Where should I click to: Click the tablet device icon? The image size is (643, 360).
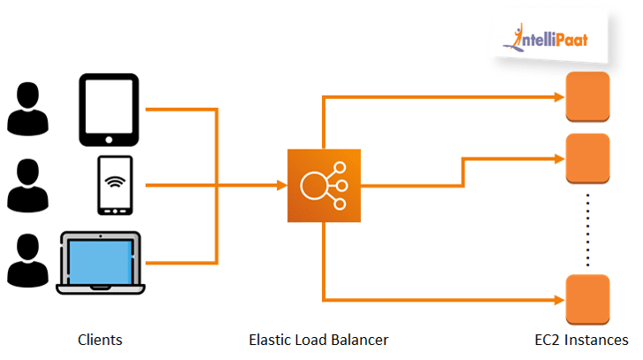(x=109, y=110)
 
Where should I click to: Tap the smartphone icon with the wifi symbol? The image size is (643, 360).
(x=115, y=186)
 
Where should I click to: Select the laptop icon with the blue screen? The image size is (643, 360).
(x=99, y=263)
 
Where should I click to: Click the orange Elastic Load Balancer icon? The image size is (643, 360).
(x=324, y=186)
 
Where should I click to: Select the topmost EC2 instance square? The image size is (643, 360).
(x=587, y=93)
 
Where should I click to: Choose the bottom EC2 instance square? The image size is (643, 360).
(x=587, y=296)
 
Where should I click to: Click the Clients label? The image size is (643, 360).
(x=100, y=340)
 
